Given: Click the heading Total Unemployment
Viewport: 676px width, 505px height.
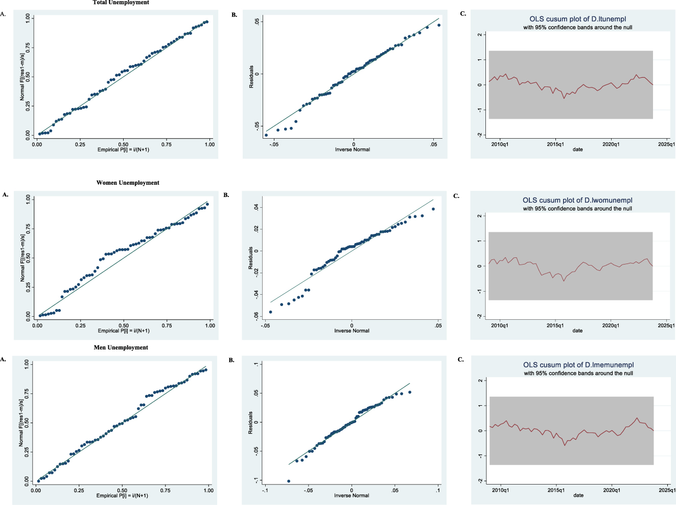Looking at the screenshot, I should [121, 3].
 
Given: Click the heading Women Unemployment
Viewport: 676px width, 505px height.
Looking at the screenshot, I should [128, 183].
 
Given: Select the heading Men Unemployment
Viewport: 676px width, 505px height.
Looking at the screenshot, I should [121, 347].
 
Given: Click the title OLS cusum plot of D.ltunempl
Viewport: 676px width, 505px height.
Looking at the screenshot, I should [577, 19].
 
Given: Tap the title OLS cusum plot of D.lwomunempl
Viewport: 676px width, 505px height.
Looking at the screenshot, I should [577, 200].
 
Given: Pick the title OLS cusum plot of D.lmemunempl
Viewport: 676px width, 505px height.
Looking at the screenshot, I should [578, 365].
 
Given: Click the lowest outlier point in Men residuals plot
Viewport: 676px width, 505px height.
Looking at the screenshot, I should [289, 481].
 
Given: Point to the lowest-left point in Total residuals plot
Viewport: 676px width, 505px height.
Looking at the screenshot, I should [266, 135].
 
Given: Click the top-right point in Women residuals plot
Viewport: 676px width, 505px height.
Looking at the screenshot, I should [433, 209].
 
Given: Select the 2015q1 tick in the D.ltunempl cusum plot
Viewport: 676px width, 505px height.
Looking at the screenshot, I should [555, 144].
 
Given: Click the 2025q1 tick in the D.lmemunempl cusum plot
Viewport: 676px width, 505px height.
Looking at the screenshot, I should [667, 490].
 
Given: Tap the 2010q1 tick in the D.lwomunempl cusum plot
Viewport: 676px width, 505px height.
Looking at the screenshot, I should [500, 325].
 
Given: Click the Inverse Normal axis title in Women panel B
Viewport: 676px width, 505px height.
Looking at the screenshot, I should [352, 331].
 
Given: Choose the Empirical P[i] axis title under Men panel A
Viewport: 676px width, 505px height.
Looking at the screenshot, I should [122, 495].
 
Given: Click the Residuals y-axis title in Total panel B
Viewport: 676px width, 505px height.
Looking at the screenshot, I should [251, 76].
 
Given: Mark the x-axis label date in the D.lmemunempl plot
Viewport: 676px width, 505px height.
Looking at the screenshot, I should [578, 495].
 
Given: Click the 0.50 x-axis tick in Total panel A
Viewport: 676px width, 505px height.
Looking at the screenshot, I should [124, 144].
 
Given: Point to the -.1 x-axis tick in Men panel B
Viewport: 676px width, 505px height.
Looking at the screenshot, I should [265, 490].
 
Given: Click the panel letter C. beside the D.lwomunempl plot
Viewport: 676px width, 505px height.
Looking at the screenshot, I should [456, 195].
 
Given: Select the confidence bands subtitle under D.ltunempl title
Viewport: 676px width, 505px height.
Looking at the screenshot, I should [577, 27].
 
